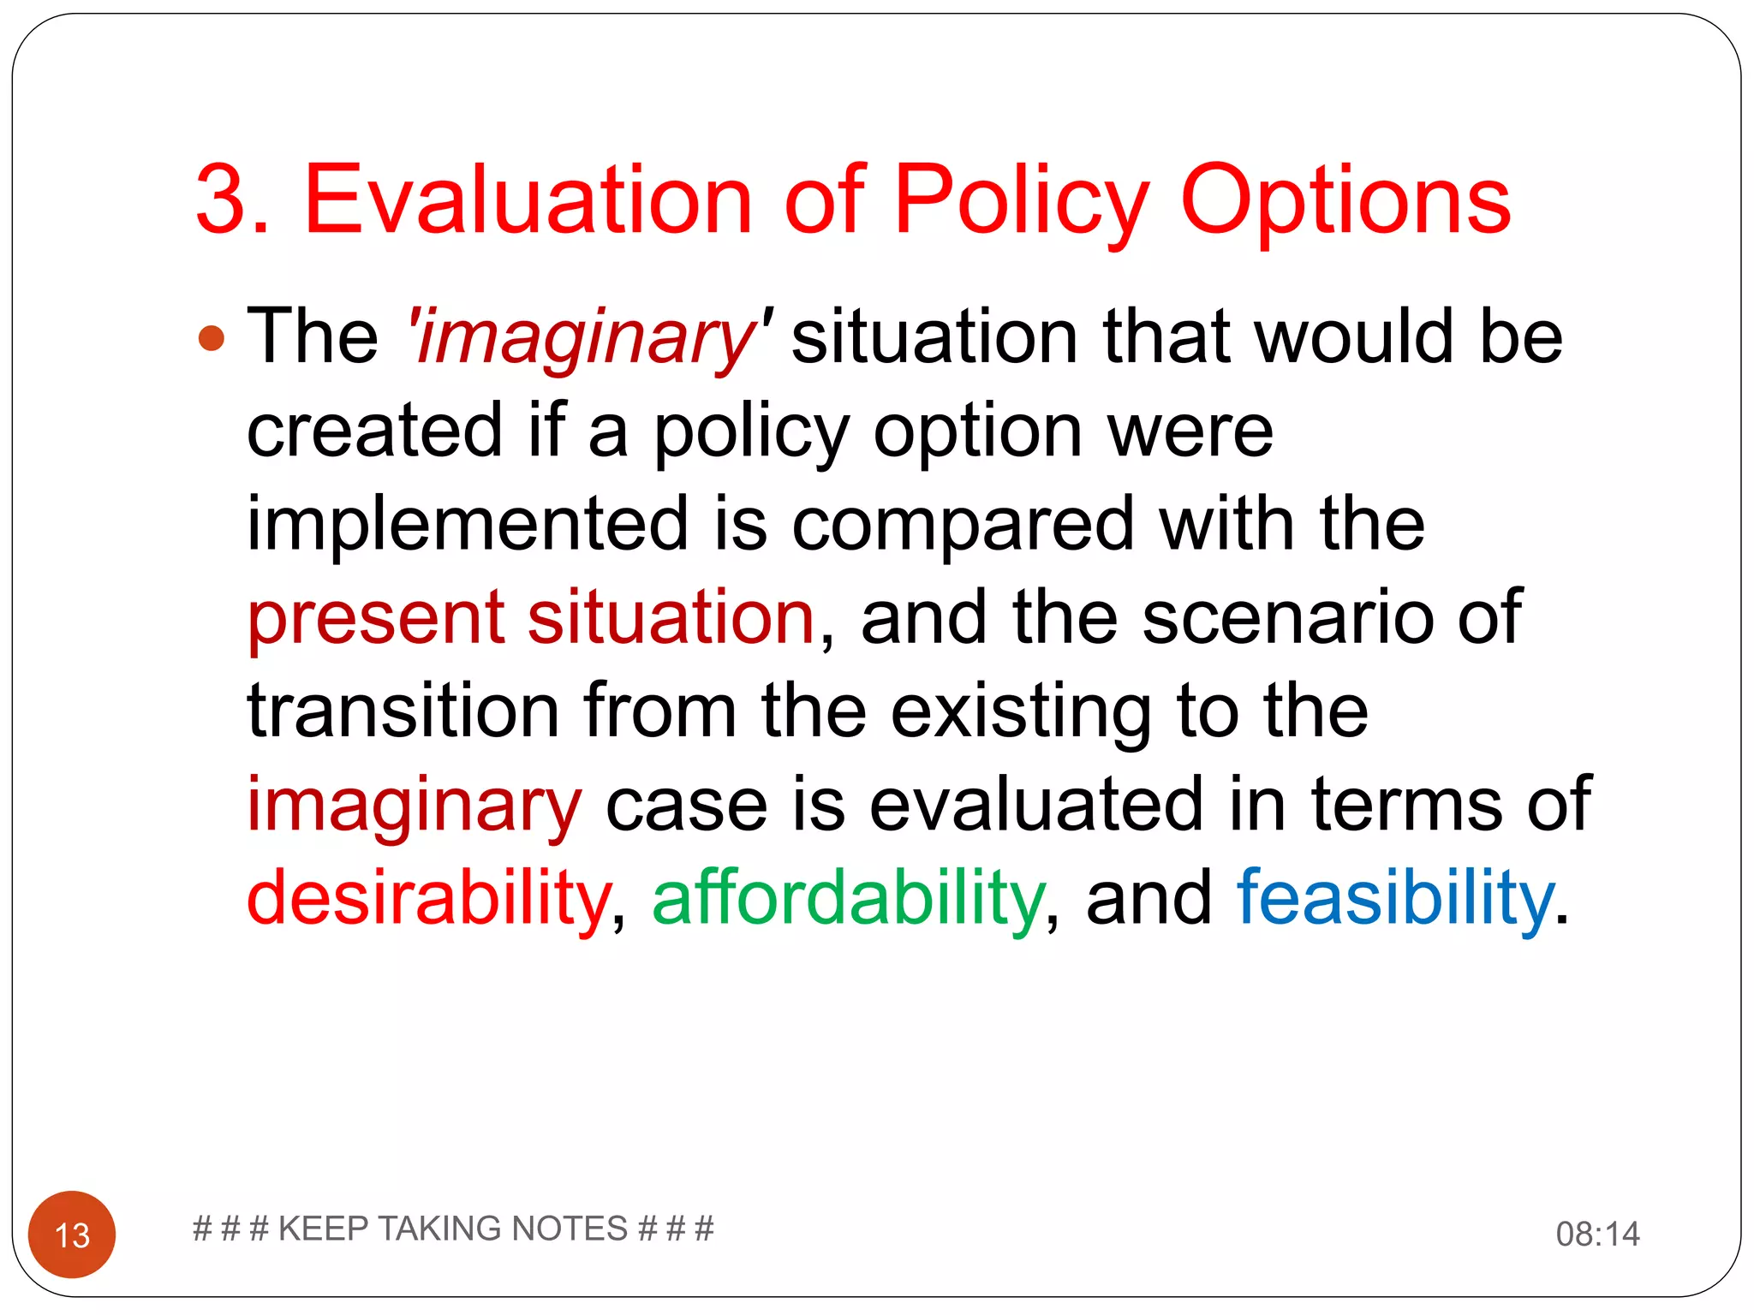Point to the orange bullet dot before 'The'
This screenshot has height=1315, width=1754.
pyautogui.click(x=211, y=338)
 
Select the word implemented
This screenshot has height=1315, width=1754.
pyautogui.click(x=467, y=524)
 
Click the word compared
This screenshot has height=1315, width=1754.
pyautogui.click(x=963, y=524)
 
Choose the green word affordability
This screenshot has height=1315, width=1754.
pyautogui.click(x=848, y=898)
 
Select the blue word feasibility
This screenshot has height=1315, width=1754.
pyautogui.click(x=1394, y=898)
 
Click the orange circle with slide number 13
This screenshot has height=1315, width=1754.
pyautogui.click(x=72, y=1234)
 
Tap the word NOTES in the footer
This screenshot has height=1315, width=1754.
pyautogui.click(x=569, y=1229)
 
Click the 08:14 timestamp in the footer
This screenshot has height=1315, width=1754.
pyautogui.click(x=1597, y=1234)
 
